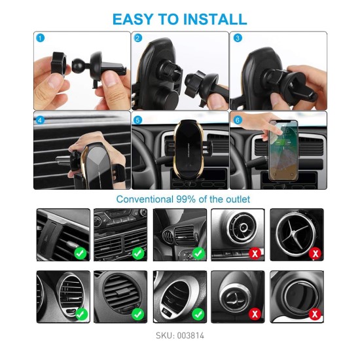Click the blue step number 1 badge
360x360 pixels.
click(x=41, y=38)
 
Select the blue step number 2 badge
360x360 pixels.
click(x=137, y=38)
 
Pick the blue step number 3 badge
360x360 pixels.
click(x=238, y=38)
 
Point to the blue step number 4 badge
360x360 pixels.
click(x=41, y=120)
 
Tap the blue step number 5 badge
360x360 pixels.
click(x=137, y=120)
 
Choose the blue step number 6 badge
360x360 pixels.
click(x=238, y=120)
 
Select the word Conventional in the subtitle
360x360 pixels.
click(x=145, y=199)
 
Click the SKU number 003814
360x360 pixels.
click(x=190, y=335)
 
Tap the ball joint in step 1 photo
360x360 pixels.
click(x=79, y=65)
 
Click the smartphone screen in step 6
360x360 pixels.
click(x=283, y=150)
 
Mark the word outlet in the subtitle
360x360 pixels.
click(x=238, y=199)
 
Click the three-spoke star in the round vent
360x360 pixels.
click(x=295, y=234)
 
